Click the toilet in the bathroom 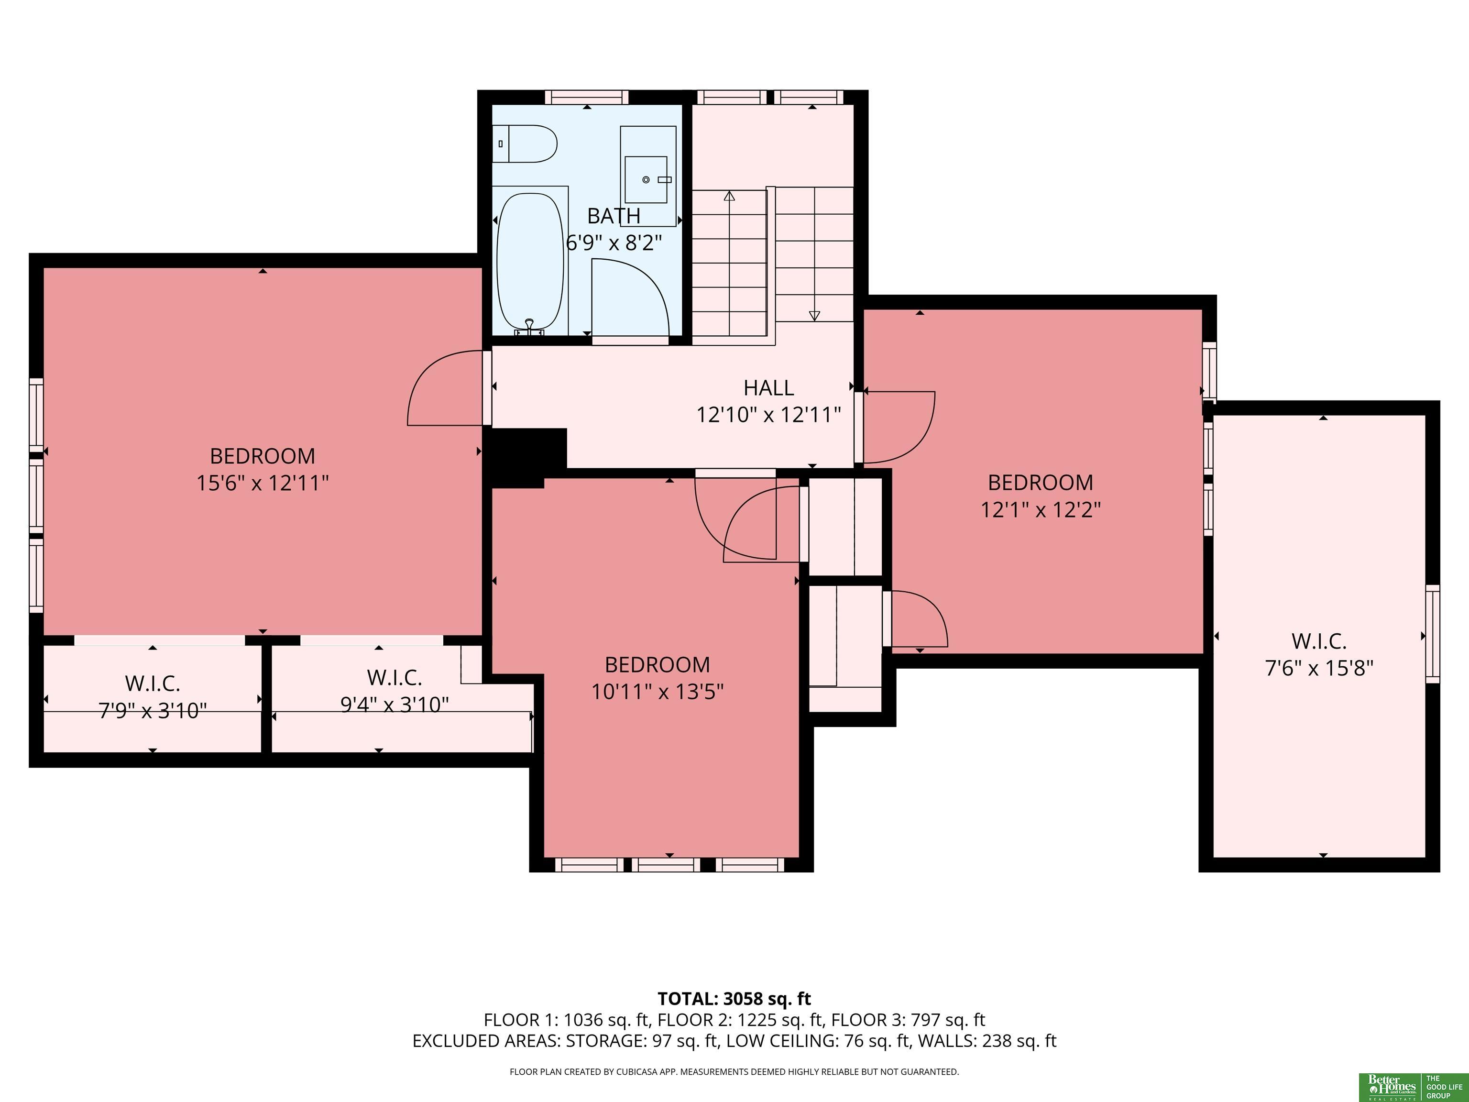[524, 143]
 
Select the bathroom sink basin [646, 179]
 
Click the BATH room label [614, 216]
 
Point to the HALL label [768, 387]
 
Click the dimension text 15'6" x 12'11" [263, 483]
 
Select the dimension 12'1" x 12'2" [1041, 509]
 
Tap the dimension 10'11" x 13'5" [658, 692]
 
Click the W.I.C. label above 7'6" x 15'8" [1319, 641]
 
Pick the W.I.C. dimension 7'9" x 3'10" [153, 711]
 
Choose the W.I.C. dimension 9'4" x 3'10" [395, 704]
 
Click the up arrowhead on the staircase [729, 196]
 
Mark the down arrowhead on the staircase [814, 316]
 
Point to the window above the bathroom [586, 98]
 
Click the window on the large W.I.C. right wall [1433, 634]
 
